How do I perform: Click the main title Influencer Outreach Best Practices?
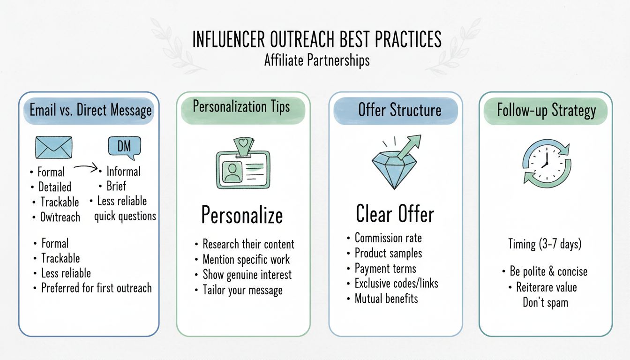tap(316, 40)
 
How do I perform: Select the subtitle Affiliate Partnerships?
tap(316, 60)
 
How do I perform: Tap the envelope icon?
tap(54, 147)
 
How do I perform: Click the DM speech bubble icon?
tap(124, 147)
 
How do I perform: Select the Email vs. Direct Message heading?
tap(90, 110)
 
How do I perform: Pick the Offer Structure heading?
tap(399, 110)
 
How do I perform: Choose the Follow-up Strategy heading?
tap(546, 111)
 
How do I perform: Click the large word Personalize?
tap(242, 215)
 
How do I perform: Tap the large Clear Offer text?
tap(395, 214)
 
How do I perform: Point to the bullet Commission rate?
tap(388, 238)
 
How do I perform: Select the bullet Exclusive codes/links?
tap(396, 283)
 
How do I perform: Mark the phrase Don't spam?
tap(545, 302)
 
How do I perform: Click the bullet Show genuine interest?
tap(247, 275)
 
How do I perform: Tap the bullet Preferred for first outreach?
tap(96, 287)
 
